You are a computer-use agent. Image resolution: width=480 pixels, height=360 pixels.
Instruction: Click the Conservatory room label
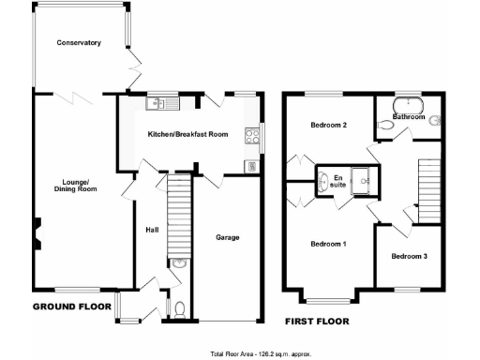point(78,43)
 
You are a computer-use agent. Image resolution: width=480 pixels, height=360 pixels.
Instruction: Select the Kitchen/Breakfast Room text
point(188,135)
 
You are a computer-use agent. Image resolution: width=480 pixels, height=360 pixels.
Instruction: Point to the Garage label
point(227,237)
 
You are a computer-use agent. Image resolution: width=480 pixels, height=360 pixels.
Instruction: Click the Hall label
point(152,230)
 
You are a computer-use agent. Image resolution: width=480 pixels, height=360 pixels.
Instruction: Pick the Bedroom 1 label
point(328,244)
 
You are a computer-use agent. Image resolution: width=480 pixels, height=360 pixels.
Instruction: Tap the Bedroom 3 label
point(409,256)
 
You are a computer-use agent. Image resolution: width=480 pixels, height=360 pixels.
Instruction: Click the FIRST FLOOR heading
point(317,322)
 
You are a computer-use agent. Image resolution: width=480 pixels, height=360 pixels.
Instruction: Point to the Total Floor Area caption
point(259,354)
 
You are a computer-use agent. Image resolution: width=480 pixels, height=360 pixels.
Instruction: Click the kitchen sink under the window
point(157,104)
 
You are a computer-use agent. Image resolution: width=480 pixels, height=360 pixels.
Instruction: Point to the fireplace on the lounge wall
point(38,232)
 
